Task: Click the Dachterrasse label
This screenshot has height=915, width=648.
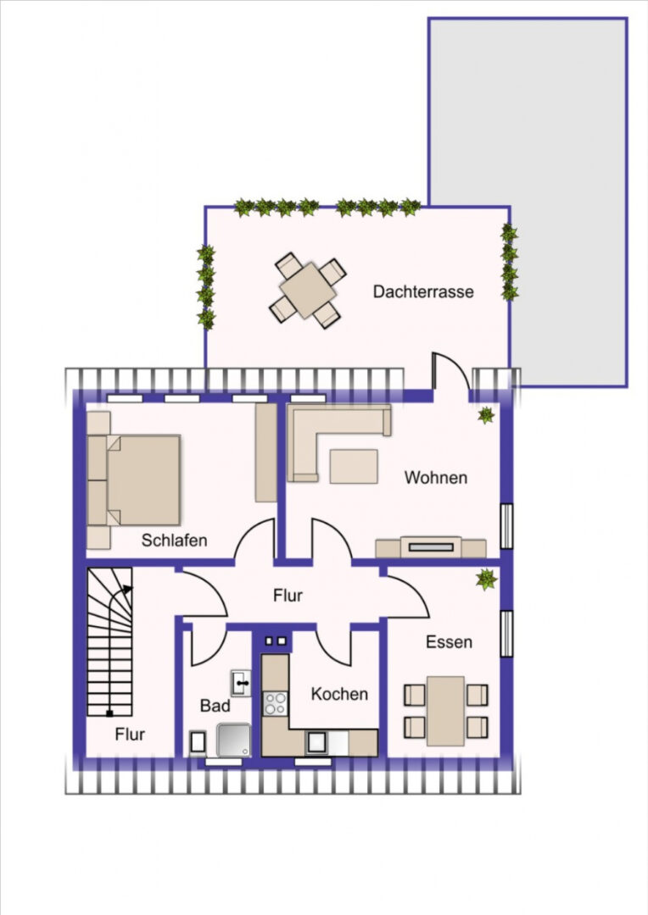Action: click(x=423, y=291)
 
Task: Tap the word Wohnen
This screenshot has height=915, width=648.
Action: click(x=436, y=477)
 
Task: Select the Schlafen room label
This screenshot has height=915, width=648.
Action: click(x=174, y=540)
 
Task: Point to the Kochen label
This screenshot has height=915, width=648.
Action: click(x=339, y=694)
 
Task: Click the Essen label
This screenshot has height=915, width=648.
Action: click(x=449, y=642)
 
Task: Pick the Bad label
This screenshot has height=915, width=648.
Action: click(x=215, y=706)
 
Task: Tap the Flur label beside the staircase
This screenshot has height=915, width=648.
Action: click(x=130, y=734)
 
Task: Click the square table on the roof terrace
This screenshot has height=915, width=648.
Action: click(x=307, y=290)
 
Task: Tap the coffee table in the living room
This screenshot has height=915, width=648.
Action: click(x=354, y=466)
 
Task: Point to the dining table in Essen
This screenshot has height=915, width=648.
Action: click(x=445, y=711)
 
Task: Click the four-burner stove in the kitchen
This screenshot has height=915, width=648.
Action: click(x=275, y=703)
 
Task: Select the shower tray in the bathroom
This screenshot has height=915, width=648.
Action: click(x=234, y=740)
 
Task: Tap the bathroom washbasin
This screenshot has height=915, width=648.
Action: click(x=241, y=683)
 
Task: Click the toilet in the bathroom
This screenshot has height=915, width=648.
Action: click(x=198, y=743)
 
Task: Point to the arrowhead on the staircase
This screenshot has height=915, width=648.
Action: click(x=127, y=589)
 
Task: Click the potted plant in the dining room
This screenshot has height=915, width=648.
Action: click(x=486, y=579)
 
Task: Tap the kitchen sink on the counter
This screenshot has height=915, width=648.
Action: click(x=316, y=742)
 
